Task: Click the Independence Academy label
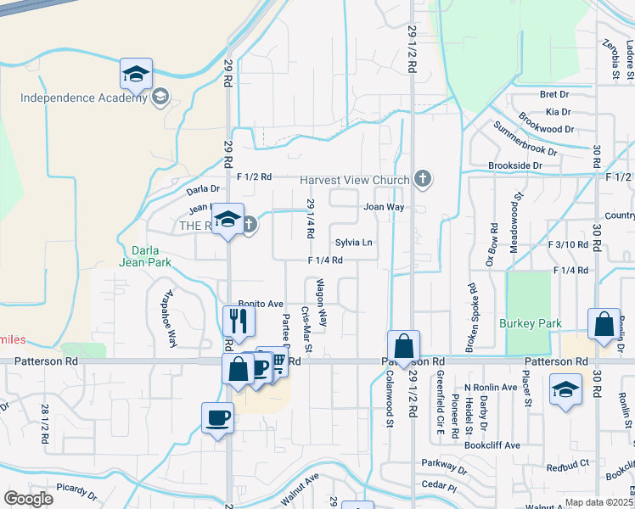click(x=84, y=98)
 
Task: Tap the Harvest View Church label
click(x=357, y=180)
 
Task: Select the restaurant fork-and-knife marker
click(x=238, y=322)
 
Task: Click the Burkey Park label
click(x=531, y=323)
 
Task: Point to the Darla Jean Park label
click(x=152, y=256)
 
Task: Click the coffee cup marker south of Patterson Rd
click(x=217, y=419)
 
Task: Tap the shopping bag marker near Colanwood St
click(x=403, y=347)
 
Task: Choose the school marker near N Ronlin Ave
click(x=565, y=393)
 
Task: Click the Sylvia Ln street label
click(x=354, y=243)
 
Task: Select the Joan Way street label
click(x=383, y=207)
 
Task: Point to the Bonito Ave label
click(x=261, y=303)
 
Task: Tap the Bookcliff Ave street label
click(x=497, y=445)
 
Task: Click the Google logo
click(x=28, y=499)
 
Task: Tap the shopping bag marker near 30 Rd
click(x=603, y=325)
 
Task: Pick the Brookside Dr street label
click(x=514, y=165)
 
